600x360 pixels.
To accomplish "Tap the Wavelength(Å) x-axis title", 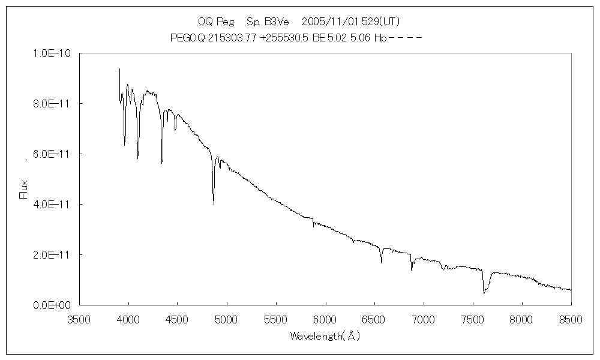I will (x=325, y=336).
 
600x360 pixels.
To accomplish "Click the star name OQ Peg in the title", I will (x=211, y=22).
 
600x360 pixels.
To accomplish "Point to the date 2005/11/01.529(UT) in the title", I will (x=350, y=22).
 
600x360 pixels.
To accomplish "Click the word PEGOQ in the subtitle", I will (x=185, y=38).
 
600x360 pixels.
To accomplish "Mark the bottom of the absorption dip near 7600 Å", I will (x=484, y=293).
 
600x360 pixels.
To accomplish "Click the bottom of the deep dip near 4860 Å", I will (x=214, y=205).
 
